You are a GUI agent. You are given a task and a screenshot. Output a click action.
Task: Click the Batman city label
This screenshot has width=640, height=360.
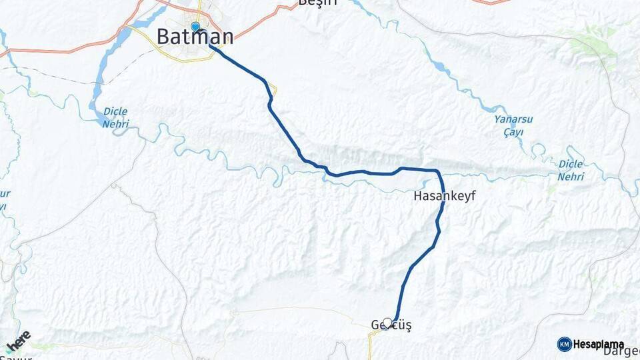(195, 37)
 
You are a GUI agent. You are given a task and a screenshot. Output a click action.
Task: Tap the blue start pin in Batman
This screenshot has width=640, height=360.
(195, 27)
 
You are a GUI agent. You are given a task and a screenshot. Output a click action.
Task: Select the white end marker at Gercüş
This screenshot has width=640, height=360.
(387, 323)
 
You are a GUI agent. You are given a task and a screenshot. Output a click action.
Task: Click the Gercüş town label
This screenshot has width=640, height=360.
(391, 325)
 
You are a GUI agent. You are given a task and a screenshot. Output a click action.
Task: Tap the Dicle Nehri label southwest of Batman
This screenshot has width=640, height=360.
(115, 117)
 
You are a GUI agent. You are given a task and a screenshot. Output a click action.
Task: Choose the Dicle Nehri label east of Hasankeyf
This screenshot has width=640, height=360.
(571, 171)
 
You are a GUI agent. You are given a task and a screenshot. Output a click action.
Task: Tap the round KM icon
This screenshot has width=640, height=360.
(564, 344)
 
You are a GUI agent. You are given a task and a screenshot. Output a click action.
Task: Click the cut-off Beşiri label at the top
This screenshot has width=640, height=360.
(318, 3)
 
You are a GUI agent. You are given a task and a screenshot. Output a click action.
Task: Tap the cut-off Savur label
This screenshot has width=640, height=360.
(17, 357)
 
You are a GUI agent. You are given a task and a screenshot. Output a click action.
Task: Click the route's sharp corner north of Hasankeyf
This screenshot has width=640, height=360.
(437, 172)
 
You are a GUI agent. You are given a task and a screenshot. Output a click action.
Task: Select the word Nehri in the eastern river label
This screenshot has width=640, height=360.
(571, 177)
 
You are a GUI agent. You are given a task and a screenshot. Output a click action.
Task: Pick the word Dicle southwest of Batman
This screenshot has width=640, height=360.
(115, 111)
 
